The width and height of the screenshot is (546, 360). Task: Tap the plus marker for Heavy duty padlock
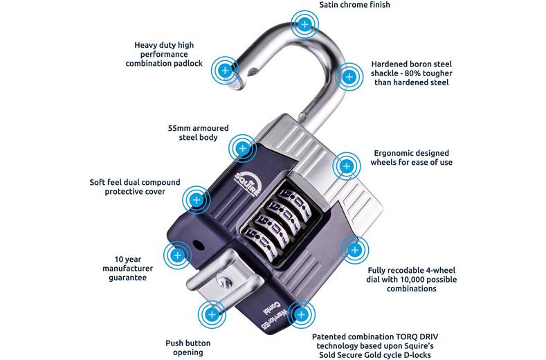tap(224, 71)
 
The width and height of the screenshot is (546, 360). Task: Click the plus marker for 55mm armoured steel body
tap(242, 147)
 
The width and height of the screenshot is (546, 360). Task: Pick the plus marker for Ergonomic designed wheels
tap(345, 166)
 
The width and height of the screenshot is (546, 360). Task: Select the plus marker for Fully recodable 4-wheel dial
tap(354, 251)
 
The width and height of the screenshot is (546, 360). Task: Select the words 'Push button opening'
tap(188, 348)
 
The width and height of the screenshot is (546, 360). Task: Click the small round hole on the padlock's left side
tap(199, 244)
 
